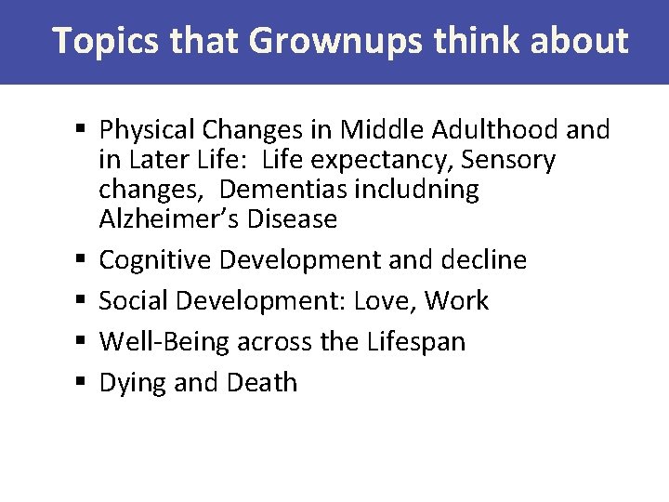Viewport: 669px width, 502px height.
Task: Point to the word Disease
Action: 291,219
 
